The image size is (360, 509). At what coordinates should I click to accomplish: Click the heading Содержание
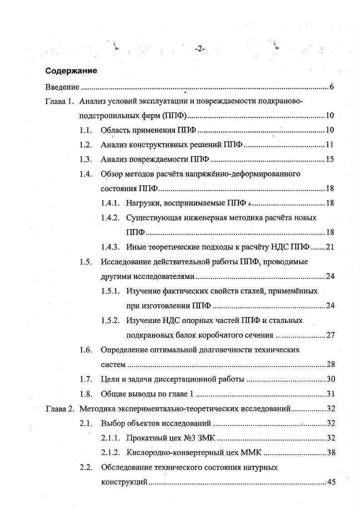point(71,71)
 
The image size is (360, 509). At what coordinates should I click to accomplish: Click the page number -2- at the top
point(200,49)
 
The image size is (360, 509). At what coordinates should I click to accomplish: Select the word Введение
point(63,87)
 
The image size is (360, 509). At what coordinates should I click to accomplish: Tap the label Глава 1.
point(60,102)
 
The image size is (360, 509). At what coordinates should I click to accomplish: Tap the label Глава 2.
point(60,409)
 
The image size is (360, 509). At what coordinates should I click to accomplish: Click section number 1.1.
point(86,130)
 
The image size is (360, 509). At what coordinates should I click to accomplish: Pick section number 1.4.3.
point(111,247)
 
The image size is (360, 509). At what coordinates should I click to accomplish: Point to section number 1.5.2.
point(111,320)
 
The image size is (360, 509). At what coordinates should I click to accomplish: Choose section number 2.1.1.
point(111,438)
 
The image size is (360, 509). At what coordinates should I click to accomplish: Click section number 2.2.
point(86,467)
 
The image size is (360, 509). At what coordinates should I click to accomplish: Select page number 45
point(330,482)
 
